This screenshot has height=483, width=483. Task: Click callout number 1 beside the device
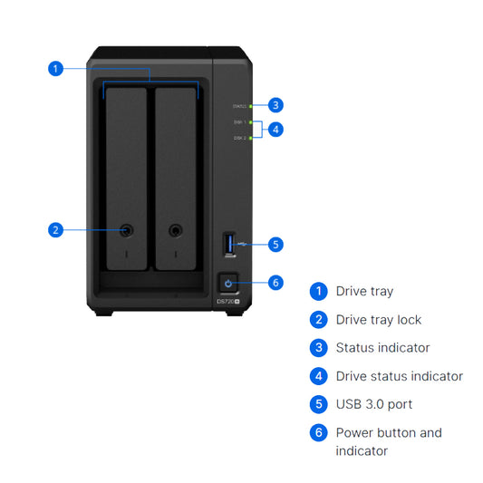[x=56, y=68]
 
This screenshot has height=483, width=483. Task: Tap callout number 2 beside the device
[x=56, y=229]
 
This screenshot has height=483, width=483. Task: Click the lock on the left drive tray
[x=126, y=230]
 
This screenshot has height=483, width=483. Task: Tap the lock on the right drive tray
[x=177, y=230]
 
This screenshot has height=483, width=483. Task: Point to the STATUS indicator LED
[x=250, y=106]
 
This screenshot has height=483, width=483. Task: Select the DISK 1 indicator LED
[x=250, y=122]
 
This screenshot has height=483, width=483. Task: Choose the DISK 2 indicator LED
[x=250, y=138]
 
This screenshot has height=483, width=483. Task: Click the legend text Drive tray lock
[x=378, y=320]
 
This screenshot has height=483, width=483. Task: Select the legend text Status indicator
[x=382, y=348]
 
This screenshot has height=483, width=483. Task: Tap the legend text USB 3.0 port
[x=373, y=404]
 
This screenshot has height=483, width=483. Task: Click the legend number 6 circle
[x=318, y=432]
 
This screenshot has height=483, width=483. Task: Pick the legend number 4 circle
[x=318, y=376]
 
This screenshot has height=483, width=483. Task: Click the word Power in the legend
[x=354, y=432]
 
